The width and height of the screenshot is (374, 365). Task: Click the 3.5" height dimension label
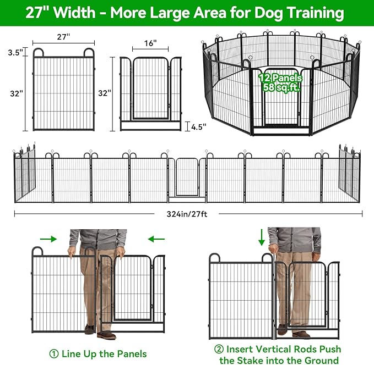(x=15, y=53)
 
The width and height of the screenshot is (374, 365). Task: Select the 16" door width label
(x=151, y=43)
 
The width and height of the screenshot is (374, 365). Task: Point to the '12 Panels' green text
(x=280, y=78)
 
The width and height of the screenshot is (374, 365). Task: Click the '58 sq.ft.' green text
(x=281, y=87)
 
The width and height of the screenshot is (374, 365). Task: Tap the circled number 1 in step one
(x=54, y=353)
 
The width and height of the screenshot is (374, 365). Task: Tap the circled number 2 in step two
(x=219, y=350)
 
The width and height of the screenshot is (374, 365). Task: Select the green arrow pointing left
(x=156, y=239)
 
